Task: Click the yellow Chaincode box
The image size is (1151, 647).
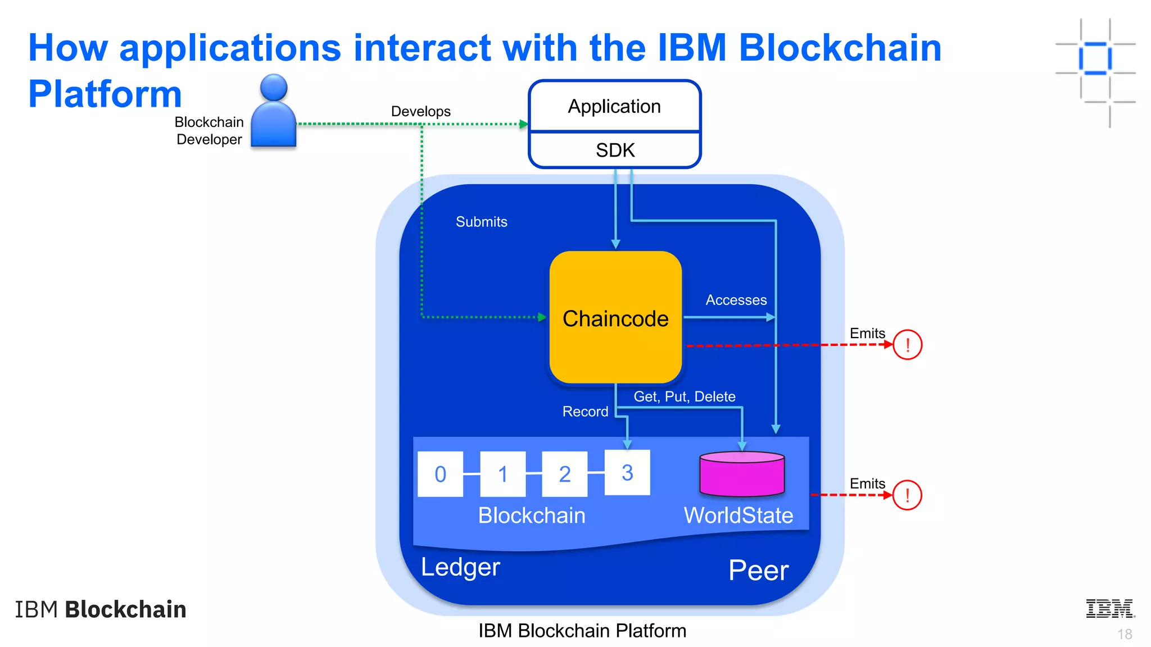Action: pyautogui.click(x=615, y=318)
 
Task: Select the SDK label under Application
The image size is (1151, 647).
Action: pyautogui.click(x=615, y=151)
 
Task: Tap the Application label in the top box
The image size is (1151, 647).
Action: pyautogui.click(x=614, y=106)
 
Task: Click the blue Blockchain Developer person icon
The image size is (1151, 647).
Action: pyautogui.click(x=274, y=112)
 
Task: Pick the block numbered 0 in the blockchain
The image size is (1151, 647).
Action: pyautogui.click(x=441, y=474)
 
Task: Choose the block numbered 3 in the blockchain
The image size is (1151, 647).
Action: pyautogui.click(x=627, y=473)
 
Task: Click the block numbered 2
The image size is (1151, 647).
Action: pyautogui.click(x=565, y=474)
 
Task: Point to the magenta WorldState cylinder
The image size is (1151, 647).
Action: pyautogui.click(x=742, y=474)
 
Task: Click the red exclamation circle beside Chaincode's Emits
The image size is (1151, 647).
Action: pyautogui.click(x=907, y=345)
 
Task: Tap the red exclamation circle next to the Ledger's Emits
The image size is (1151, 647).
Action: pyautogui.click(x=907, y=495)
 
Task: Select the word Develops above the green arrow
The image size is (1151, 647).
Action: pyautogui.click(x=420, y=111)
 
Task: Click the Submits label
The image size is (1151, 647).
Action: pyautogui.click(x=481, y=222)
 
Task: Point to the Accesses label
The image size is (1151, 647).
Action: pyautogui.click(x=736, y=300)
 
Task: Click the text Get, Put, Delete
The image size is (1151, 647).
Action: pyautogui.click(x=684, y=397)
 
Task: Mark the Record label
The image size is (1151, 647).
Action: pyautogui.click(x=585, y=412)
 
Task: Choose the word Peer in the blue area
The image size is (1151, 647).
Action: pyautogui.click(x=758, y=570)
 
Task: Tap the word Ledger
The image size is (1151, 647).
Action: pyautogui.click(x=460, y=567)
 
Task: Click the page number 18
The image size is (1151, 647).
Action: pyautogui.click(x=1124, y=634)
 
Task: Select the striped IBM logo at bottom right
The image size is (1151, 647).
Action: pyautogui.click(x=1110, y=609)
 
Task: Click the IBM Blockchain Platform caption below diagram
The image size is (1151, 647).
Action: pyautogui.click(x=582, y=631)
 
